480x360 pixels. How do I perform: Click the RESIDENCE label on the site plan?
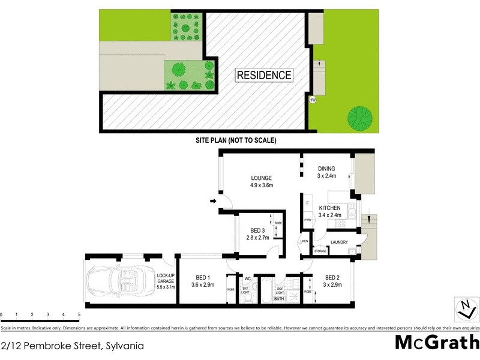264,75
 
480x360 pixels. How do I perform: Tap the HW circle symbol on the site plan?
312,100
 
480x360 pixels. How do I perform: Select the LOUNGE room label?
262,178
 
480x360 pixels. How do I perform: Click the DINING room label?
326,169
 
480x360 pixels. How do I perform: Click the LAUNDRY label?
339,242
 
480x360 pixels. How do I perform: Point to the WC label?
247,278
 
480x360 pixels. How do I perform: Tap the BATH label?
279,298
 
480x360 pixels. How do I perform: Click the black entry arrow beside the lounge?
212,202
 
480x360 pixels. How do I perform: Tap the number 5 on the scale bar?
79,314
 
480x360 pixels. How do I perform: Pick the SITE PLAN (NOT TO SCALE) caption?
236,140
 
